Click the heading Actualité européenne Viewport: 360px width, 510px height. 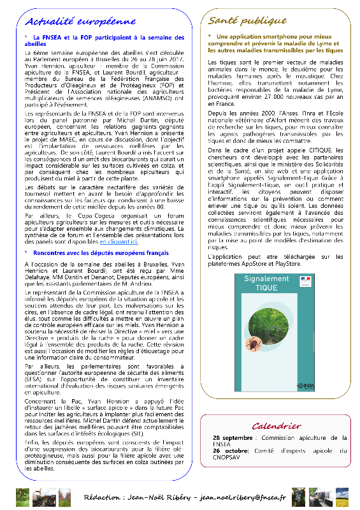[83, 21]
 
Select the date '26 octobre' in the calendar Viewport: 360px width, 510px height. [232, 451]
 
